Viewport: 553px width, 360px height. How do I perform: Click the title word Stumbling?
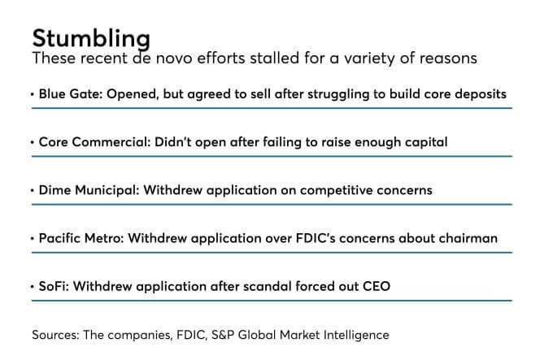[x=91, y=38]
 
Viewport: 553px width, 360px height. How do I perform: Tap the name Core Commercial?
[x=91, y=142]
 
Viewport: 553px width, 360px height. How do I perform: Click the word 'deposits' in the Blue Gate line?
[x=481, y=94]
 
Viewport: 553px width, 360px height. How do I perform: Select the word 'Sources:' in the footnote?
[x=56, y=335]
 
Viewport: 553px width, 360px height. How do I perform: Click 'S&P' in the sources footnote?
[x=223, y=335]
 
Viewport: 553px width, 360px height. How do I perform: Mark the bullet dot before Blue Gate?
[x=33, y=94]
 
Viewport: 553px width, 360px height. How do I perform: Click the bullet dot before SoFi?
[x=33, y=287]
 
